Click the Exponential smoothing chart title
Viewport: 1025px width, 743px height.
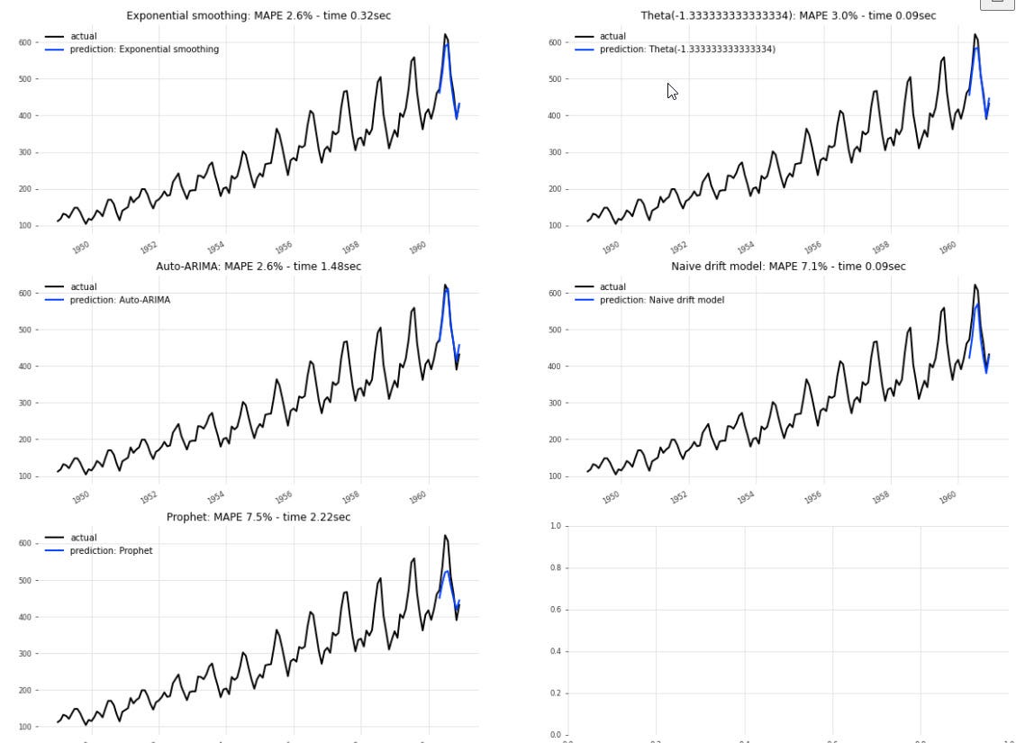click(x=259, y=15)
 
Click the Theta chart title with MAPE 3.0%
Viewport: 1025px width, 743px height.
click(x=788, y=15)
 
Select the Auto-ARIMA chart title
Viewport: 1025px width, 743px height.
click(x=259, y=267)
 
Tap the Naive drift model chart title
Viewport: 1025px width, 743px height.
click(x=788, y=267)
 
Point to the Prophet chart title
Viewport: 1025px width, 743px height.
click(x=259, y=517)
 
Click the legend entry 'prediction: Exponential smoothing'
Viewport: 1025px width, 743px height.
click(x=144, y=50)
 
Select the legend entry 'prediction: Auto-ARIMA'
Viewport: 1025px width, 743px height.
click(x=120, y=300)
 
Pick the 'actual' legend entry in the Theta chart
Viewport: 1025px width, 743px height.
click(x=612, y=37)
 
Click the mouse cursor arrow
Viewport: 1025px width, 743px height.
click(x=671, y=90)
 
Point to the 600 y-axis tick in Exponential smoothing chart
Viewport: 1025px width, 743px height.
click(x=25, y=42)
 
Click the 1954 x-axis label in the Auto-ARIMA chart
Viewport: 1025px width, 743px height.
click(x=215, y=498)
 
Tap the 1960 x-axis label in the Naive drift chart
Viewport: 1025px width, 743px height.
click(x=948, y=498)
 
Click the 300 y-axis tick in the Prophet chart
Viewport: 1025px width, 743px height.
click(x=25, y=654)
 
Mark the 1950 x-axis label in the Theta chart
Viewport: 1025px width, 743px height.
click(x=611, y=248)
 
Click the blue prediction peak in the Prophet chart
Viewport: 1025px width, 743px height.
click(x=446, y=571)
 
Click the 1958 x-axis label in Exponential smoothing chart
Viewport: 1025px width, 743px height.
click(x=350, y=248)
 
